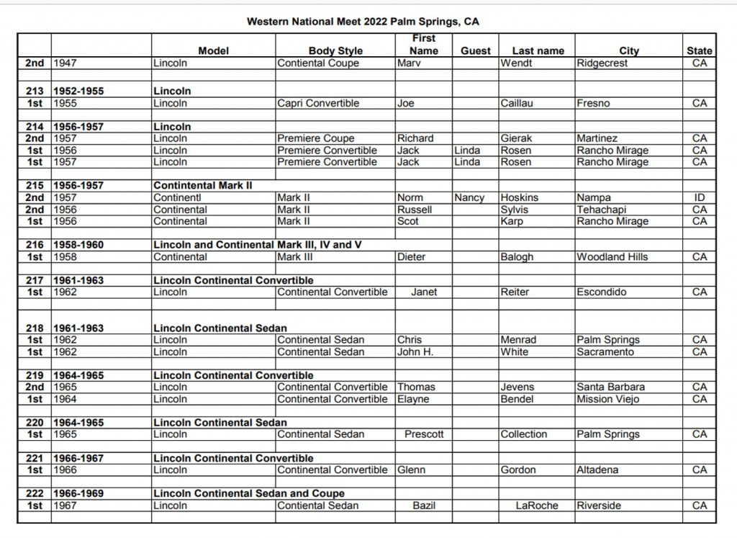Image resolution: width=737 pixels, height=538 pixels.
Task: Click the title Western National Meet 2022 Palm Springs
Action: [x=363, y=22]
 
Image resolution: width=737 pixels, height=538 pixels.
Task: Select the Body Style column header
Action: [x=335, y=51]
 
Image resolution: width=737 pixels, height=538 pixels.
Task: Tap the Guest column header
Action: [x=475, y=51]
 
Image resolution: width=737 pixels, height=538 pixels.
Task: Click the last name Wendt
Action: [x=515, y=63]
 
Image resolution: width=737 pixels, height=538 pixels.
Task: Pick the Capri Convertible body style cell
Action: [x=318, y=103]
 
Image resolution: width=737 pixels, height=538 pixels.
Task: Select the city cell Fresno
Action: [x=593, y=103]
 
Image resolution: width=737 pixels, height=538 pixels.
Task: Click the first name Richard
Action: [x=415, y=138]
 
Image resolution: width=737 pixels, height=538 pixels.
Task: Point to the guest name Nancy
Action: [x=469, y=197]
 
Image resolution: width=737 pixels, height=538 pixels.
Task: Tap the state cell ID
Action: [x=700, y=197]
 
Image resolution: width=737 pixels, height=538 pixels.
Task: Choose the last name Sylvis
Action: [x=516, y=210]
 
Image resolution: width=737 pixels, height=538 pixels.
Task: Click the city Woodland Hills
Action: [x=612, y=257]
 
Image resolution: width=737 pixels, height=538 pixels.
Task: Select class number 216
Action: [x=35, y=245]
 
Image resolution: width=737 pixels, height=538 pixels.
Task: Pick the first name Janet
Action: [x=424, y=292]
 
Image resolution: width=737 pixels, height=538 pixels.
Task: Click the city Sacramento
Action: [x=605, y=352]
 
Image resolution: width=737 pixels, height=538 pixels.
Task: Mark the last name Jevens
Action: [x=517, y=387]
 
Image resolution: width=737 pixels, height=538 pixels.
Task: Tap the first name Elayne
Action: [x=413, y=399]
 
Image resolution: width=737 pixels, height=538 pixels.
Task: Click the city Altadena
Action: [x=597, y=470]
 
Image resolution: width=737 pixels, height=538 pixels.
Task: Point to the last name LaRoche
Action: [x=537, y=506]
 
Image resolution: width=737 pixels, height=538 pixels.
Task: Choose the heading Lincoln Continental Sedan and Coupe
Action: [x=249, y=493]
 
